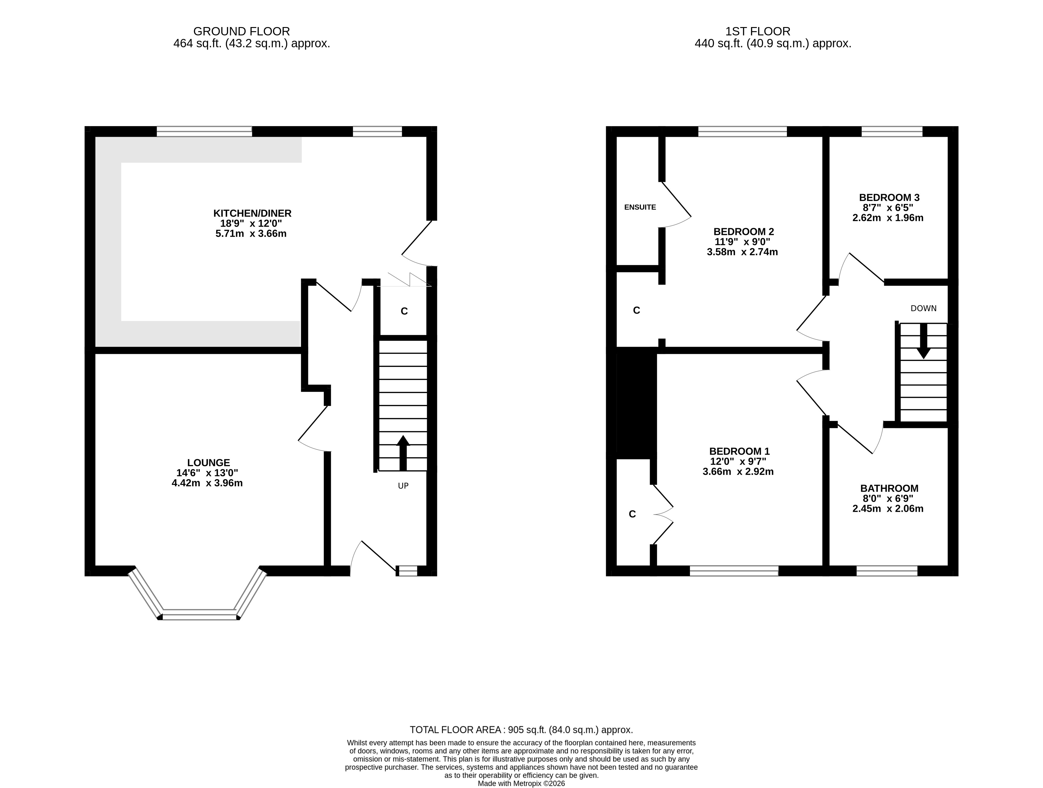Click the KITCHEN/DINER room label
(x=252, y=213)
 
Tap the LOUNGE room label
(x=208, y=463)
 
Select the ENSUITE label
(x=640, y=207)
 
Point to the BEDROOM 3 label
(x=889, y=197)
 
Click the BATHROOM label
(x=889, y=489)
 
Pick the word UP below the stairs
(x=403, y=486)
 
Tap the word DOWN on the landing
(x=923, y=308)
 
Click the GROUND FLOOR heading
(x=241, y=32)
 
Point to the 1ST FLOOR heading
(x=758, y=32)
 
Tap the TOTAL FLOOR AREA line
(x=521, y=730)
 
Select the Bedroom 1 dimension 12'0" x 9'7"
(x=738, y=462)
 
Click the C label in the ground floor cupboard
(x=404, y=311)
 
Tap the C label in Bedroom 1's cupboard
(x=632, y=514)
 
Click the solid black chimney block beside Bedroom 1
(x=636, y=403)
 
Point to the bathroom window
(x=887, y=571)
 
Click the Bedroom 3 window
(x=892, y=131)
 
